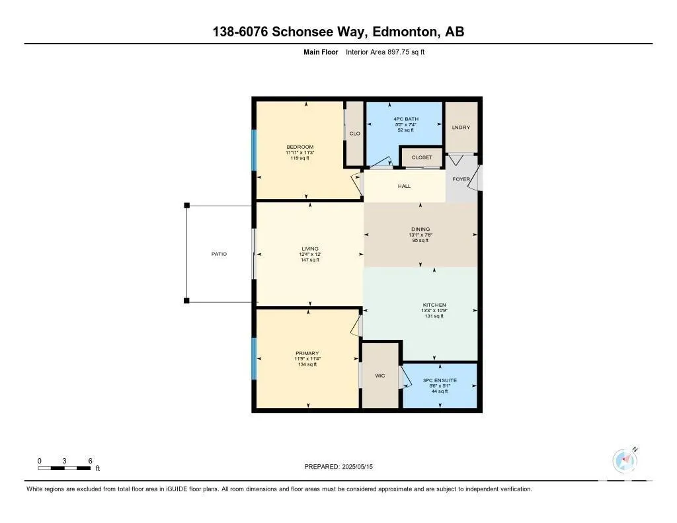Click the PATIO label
click(x=219, y=254)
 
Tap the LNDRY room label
click(x=461, y=128)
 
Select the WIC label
click(x=380, y=376)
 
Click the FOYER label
click(x=461, y=179)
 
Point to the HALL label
click(x=404, y=186)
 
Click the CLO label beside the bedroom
click(x=355, y=134)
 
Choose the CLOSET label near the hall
click(x=422, y=157)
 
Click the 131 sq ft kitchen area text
click(x=434, y=316)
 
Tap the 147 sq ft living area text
click(x=310, y=260)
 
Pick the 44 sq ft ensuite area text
click(x=440, y=391)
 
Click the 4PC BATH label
click(x=406, y=119)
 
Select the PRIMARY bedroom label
click(x=307, y=353)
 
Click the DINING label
click(x=420, y=229)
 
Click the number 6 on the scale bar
click(x=90, y=461)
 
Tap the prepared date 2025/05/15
click(x=358, y=467)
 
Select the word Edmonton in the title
click(x=404, y=32)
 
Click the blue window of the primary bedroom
click(x=254, y=359)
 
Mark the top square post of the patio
click(x=187, y=206)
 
